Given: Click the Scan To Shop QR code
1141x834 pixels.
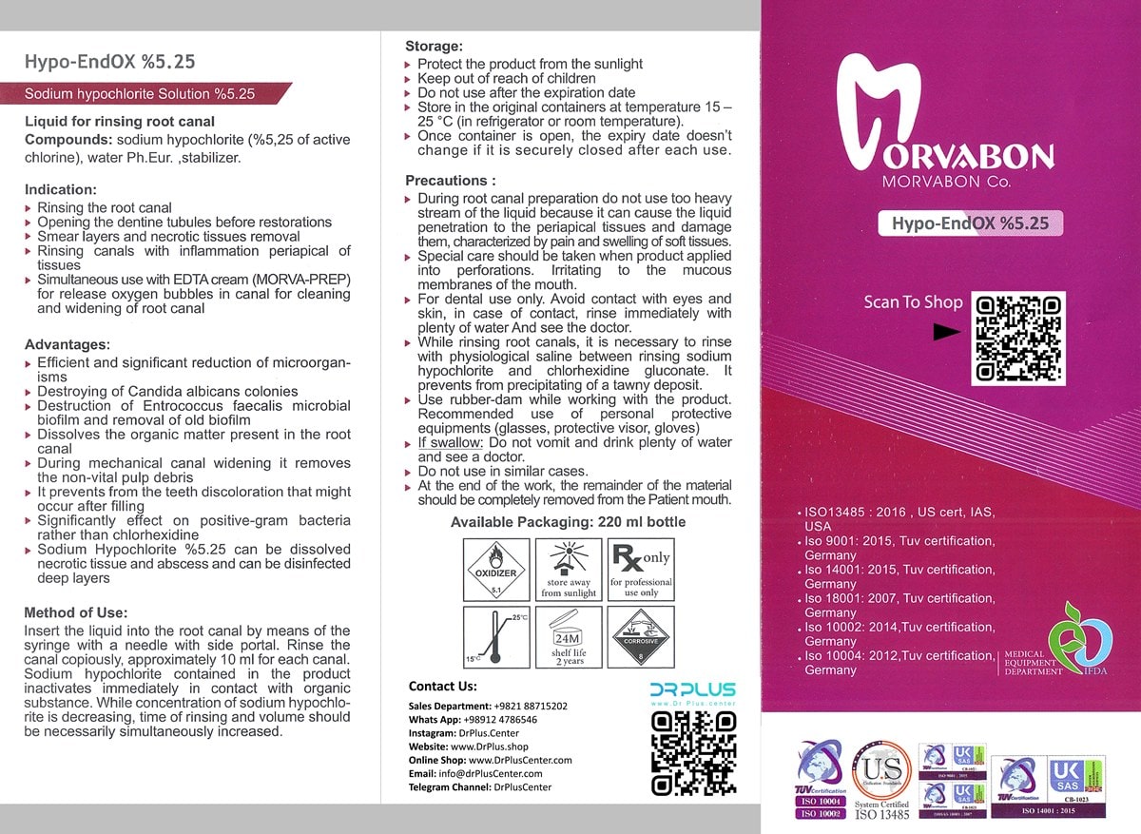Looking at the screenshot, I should [1015, 339].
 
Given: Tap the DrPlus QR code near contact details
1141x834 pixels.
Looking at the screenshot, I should [693, 753].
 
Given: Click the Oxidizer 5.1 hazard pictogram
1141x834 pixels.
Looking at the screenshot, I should [494, 569].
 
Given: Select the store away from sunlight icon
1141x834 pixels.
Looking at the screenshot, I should [569, 569].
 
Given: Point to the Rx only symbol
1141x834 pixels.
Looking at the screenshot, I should [641, 569].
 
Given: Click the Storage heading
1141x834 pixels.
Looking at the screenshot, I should [435, 46].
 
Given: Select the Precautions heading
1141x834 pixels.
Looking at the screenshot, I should [451, 180].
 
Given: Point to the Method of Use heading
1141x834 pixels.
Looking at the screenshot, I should [76, 612].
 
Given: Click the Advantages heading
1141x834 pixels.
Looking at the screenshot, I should [68, 343].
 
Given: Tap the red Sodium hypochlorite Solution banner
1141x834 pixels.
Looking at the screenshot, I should [143, 94].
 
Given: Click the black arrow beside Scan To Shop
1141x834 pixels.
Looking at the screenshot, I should [946, 333].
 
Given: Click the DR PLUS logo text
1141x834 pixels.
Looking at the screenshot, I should [693, 689].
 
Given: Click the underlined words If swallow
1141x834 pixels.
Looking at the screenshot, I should [448, 442].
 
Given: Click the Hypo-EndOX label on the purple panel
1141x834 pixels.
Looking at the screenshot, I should [969, 224].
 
